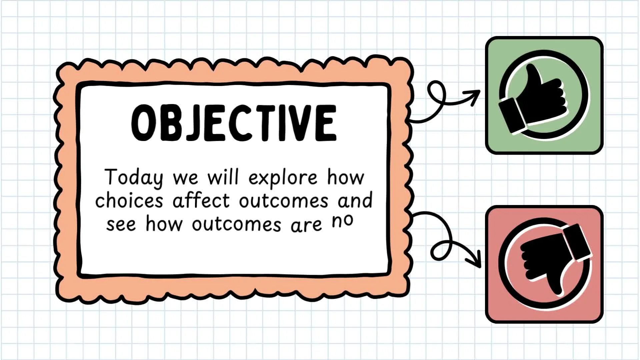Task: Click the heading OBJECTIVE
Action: click(234, 123)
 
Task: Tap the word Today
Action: click(134, 178)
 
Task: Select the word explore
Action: click(283, 178)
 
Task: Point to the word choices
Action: click(129, 200)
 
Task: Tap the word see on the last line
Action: click(121, 224)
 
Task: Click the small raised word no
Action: click(342, 221)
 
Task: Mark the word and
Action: click(355, 200)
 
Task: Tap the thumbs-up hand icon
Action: click(532, 99)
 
